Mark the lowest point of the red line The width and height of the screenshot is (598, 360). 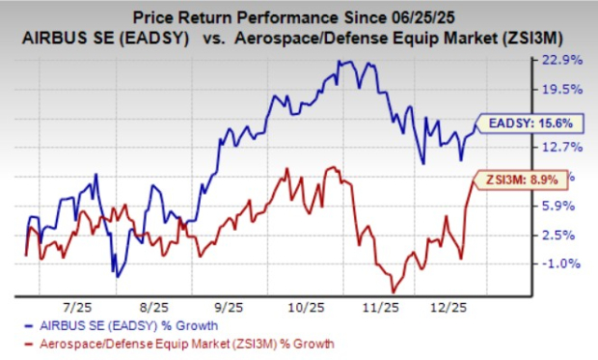(x=393, y=291)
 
